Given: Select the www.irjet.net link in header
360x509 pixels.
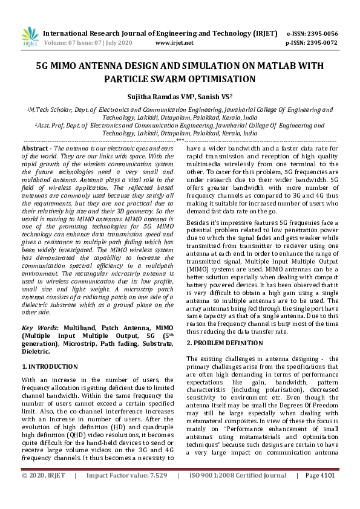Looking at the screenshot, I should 174,43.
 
